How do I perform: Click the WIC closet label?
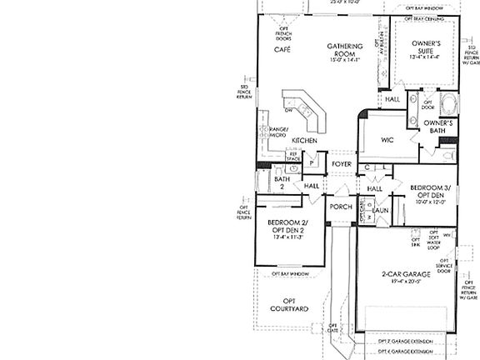point(387,140)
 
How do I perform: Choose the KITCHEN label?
point(303,141)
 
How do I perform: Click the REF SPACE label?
point(293,156)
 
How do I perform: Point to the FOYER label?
point(342,164)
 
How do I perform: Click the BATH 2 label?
point(282,182)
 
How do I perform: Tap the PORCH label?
point(341,207)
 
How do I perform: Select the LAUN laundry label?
point(382,210)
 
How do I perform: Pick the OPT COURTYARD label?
point(290,304)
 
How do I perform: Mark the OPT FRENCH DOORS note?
point(283,33)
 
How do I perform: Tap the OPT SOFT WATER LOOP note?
point(433,241)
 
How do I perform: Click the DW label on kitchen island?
point(287,109)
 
